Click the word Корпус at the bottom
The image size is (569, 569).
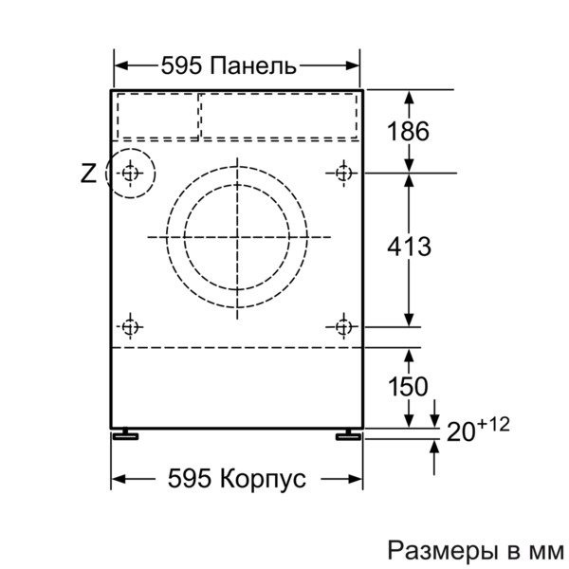click(x=263, y=478)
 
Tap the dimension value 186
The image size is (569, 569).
click(x=408, y=131)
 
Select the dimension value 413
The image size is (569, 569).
click(x=409, y=247)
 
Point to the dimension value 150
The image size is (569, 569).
click(x=408, y=386)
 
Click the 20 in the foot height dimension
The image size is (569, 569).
click(x=461, y=431)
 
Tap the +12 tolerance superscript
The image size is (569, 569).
click(x=494, y=424)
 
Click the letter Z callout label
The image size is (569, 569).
click(x=88, y=174)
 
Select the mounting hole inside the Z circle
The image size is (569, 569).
click(x=130, y=174)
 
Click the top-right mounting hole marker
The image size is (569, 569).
click(x=343, y=174)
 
